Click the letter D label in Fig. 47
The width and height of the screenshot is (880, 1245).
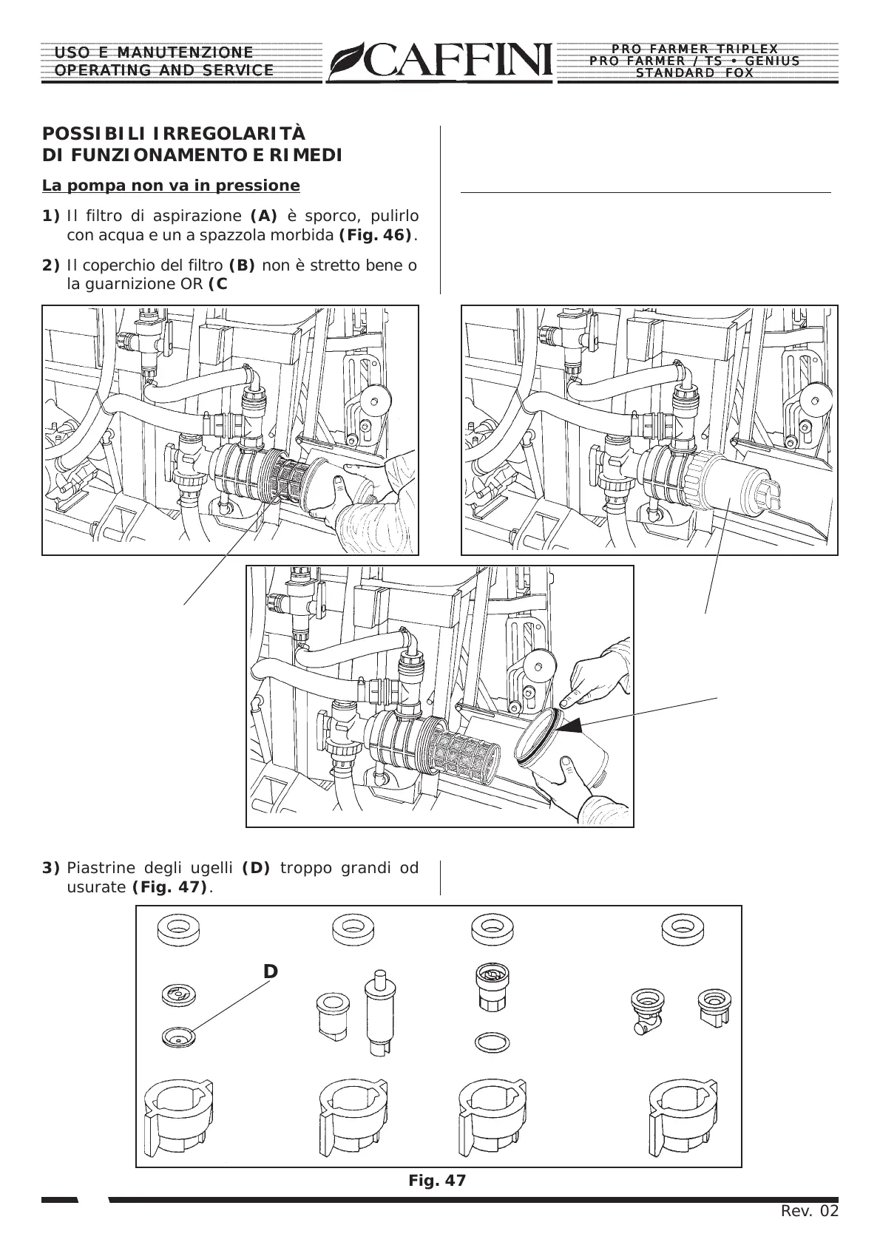click(271, 971)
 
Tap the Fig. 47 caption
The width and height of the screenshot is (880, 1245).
click(437, 1181)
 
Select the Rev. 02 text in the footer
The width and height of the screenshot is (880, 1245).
click(810, 1211)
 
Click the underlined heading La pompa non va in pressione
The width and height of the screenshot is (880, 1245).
click(171, 185)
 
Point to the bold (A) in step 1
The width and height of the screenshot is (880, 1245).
click(264, 216)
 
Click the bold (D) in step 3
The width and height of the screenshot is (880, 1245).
click(256, 867)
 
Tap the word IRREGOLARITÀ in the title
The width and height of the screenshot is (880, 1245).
click(229, 134)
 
